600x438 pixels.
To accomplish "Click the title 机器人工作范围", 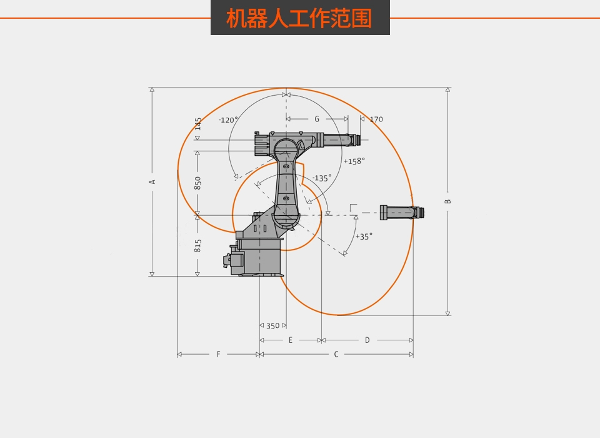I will (299, 18).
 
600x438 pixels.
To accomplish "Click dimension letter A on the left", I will (152, 182).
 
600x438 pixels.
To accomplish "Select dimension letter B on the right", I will (447, 201).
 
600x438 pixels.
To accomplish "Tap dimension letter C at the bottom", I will (336, 354).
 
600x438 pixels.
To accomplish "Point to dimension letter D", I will (367, 340).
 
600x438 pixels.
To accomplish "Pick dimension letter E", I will (291, 340).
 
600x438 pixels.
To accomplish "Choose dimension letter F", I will (218, 354).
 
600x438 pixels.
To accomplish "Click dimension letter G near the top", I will (317, 119).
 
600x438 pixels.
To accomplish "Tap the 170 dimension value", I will (376, 120).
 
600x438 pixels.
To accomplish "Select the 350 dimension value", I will (272, 326).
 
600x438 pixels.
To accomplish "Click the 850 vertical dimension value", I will (197, 183).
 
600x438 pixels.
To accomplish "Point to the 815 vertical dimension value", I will (197, 245).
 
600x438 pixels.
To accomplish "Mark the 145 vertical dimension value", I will (197, 123).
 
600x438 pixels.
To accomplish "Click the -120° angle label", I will (228, 120).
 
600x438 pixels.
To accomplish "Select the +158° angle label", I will (354, 161).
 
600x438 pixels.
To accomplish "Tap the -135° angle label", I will (322, 178).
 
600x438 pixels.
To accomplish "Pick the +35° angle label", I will (364, 237).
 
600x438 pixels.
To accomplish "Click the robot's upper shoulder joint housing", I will (286, 150).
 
